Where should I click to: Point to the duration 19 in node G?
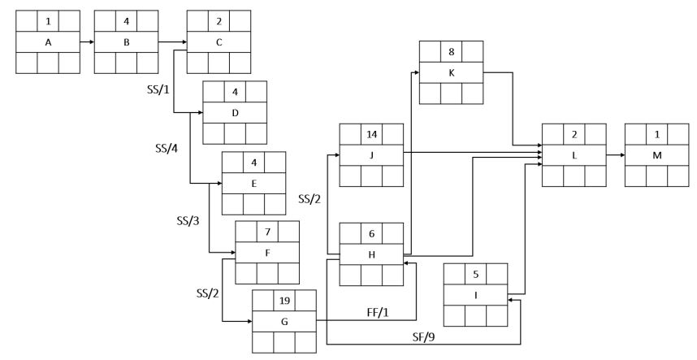click(x=284, y=301)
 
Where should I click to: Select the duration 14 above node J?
click(x=371, y=132)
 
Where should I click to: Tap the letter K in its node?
click(x=451, y=72)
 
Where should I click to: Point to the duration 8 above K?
click(x=451, y=50)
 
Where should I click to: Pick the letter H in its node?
click(x=371, y=254)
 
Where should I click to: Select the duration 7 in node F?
click(x=267, y=232)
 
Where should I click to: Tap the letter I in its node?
click(x=475, y=294)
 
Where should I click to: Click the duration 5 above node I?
click(x=475, y=273)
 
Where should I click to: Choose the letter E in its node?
click(x=254, y=184)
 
